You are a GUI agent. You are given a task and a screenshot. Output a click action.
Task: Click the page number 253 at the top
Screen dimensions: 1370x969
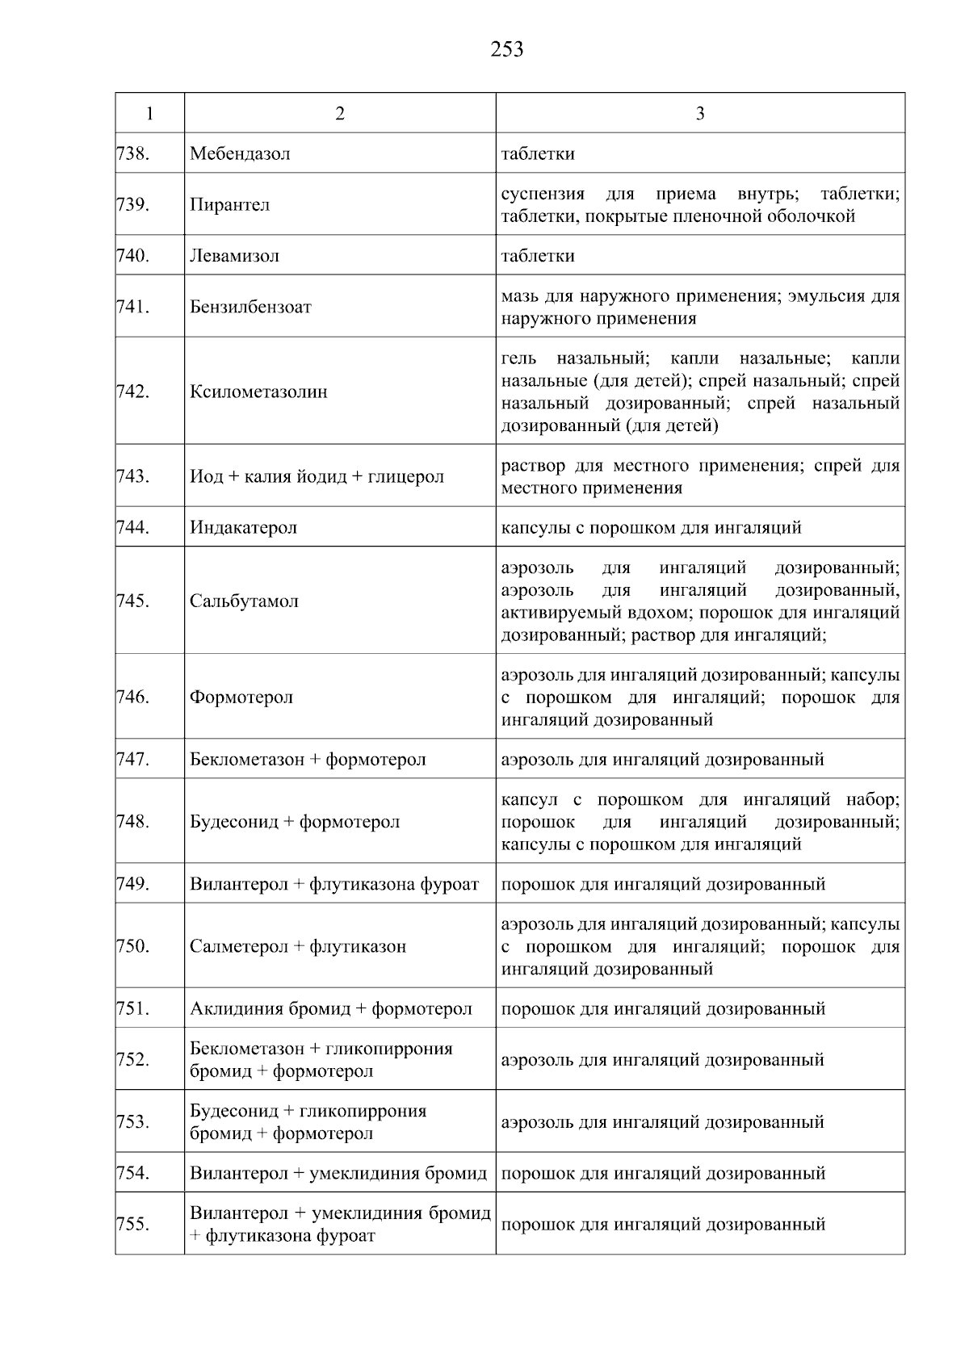point(506,50)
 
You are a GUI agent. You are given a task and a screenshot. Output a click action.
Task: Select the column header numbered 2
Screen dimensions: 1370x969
point(340,114)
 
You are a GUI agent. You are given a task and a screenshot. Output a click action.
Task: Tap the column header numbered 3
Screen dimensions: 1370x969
point(699,114)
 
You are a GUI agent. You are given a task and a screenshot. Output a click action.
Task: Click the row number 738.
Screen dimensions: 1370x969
point(133,153)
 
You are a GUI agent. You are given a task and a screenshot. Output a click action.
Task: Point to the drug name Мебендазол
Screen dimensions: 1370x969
point(240,153)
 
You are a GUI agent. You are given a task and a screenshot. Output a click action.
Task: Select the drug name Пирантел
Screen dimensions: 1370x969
point(230,205)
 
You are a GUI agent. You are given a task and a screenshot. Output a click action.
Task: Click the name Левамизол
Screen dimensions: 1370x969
point(235,256)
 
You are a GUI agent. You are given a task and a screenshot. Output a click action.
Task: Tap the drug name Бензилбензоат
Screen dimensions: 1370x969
point(251,308)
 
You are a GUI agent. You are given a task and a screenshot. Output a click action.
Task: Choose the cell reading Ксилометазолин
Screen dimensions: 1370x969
point(259,392)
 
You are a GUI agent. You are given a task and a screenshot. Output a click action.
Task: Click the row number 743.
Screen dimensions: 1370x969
point(133,476)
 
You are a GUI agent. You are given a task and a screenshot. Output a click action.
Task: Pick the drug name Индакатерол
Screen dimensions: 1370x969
point(244,528)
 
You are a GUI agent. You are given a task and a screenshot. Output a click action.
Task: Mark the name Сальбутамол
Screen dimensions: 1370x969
point(245,601)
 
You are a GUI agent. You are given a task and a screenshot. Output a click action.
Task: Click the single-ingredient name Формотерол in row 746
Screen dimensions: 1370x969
point(241,698)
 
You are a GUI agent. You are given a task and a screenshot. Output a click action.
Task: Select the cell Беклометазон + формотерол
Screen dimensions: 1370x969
point(308,760)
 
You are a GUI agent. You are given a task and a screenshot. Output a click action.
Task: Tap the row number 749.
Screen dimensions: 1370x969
point(133,884)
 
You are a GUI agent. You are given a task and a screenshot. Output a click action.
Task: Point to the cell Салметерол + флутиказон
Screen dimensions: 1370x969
point(298,946)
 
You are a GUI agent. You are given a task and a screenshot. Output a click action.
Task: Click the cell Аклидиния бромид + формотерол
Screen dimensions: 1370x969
point(331,1009)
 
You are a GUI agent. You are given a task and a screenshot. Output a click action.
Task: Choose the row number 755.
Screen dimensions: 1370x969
point(133,1225)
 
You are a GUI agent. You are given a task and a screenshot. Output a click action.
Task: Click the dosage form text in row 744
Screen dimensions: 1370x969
point(651,528)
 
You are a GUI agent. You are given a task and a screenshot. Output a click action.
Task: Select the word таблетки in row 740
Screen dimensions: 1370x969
point(538,256)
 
